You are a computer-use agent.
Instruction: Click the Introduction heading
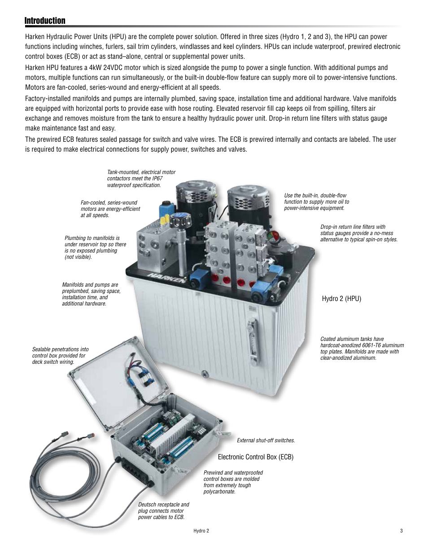[x=45, y=21]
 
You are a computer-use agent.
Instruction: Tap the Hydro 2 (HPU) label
[x=341, y=299]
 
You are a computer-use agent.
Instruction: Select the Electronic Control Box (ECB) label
[x=255, y=457]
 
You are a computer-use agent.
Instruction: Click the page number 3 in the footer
[x=402, y=531]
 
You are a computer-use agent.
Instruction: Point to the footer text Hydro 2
[x=201, y=531]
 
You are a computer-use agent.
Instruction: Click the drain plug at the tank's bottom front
[x=204, y=373]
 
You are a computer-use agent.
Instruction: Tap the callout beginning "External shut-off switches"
[x=266, y=441]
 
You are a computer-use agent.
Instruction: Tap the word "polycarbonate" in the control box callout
[x=219, y=492]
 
